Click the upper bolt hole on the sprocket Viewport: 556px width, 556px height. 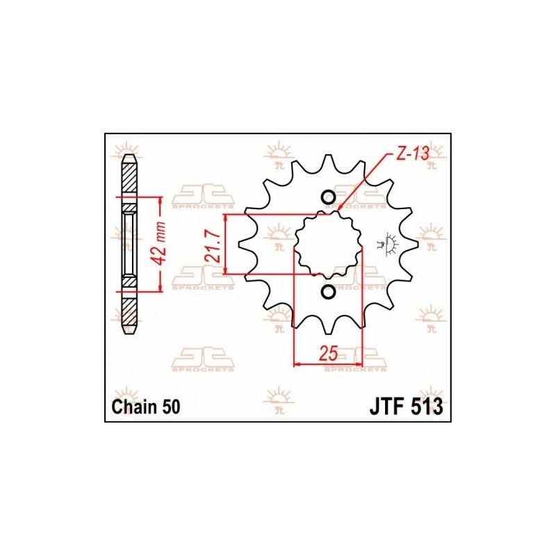pyautogui.click(x=328, y=198)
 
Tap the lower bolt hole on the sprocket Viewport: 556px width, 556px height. pyautogui.click(x=328, y=291)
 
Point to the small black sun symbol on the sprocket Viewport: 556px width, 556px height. pyautogui.click(x=385, y=240)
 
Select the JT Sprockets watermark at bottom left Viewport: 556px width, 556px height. pyautogui.click(x=202, y=361)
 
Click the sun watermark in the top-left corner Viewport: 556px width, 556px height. pyautogui.click(x=128, y=150)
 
